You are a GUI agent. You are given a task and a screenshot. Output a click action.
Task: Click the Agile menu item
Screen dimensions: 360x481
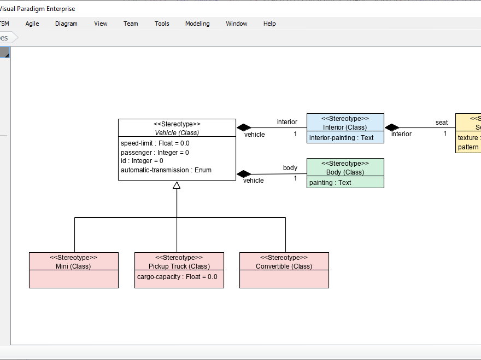[x=32, y=24]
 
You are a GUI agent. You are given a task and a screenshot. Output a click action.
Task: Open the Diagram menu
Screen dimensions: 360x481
[x=66, y=24]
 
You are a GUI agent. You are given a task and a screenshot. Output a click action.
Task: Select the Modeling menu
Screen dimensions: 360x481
[x=197, y=24]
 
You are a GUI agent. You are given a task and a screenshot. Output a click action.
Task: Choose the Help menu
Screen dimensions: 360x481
[x=269, y=24]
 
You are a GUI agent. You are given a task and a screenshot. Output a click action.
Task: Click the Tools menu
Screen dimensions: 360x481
[x=162, y=24]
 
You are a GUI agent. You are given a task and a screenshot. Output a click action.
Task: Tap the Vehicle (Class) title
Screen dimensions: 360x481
[x=177, y=132]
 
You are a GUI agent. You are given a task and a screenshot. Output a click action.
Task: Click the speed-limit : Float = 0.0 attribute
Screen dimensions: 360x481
[x=155, y=143]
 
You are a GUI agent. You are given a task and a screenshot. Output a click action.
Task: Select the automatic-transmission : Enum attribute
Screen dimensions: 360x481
[x=166, y=170]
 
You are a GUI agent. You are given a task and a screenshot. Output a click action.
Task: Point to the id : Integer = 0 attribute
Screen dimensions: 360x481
[x=142, y=161]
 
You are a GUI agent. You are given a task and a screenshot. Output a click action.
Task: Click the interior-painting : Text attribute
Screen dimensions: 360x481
[x=342, y=138]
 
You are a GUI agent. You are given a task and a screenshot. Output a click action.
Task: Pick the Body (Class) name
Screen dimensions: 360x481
[x=345, y=172]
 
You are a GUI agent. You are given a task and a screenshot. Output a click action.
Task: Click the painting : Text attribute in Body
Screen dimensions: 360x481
[x=330, y=183]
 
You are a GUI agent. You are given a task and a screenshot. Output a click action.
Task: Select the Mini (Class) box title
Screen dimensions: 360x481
[x=73, y=266]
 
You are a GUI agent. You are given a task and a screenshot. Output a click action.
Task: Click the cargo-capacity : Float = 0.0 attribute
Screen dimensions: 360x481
[x=177, y=277]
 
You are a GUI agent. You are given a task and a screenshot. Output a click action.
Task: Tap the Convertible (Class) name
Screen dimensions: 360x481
[x=284, y=266]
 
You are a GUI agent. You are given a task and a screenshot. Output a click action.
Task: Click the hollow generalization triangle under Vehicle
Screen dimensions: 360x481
[x=177, y=185]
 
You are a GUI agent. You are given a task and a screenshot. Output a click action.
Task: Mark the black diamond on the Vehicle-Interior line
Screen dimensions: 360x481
[x=243, y=127]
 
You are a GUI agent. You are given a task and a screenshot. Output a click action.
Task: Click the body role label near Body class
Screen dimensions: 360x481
[x=290, y=168]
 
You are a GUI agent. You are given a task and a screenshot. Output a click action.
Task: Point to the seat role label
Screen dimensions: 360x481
[x=442, y=123]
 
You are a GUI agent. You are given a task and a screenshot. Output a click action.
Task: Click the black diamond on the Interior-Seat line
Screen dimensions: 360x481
[x=392, y=127]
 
